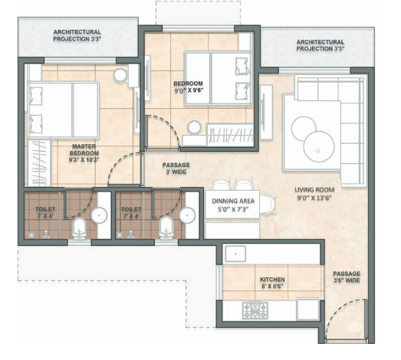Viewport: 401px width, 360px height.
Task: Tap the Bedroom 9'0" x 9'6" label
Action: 189,87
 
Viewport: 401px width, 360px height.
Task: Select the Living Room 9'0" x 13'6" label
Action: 314,194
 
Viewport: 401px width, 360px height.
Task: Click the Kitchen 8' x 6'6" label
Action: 272,283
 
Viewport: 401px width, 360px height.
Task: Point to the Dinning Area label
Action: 233,201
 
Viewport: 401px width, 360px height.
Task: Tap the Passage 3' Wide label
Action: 176,168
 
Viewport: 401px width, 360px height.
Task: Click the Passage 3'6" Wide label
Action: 347,277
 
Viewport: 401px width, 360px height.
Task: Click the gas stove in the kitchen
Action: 255,310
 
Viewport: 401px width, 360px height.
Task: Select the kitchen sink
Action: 235,254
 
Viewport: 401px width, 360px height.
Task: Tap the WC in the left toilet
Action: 79,228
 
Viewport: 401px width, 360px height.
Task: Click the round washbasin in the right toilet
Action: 187,215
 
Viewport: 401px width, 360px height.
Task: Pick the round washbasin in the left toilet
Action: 99,215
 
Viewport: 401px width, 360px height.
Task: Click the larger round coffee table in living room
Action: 319,146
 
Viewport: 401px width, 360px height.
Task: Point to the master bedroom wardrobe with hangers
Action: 39,162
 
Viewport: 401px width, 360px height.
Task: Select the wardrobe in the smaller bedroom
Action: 230,135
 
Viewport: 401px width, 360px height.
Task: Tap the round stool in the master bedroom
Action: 120,75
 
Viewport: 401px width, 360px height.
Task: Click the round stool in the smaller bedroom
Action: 194,127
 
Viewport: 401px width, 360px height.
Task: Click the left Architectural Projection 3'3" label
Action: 77,35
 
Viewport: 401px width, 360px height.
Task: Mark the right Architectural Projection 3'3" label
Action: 320,45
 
